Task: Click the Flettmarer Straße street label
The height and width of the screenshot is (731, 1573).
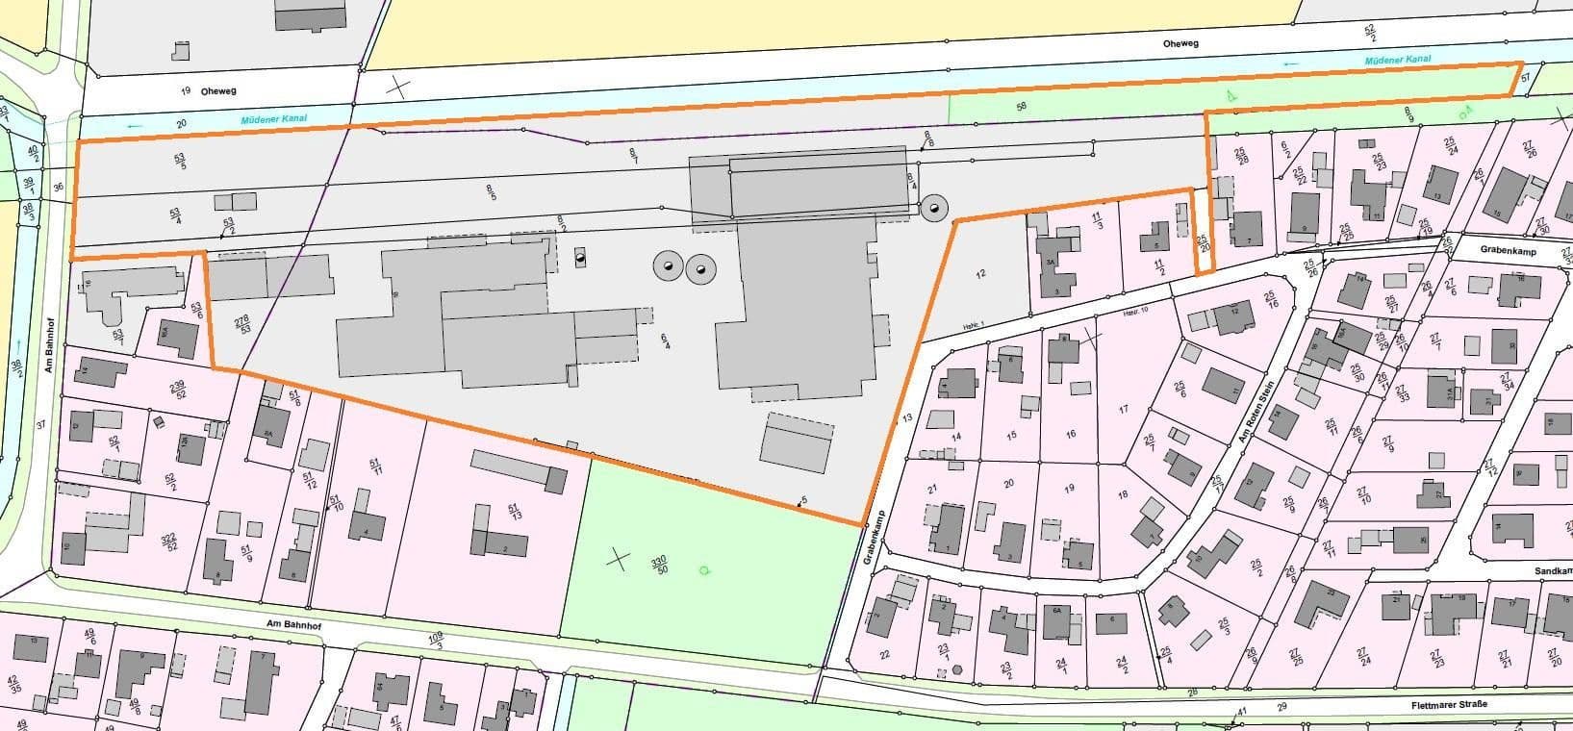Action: [x=1449, y=705]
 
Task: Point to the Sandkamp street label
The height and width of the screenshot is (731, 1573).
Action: [x=1550, y=570]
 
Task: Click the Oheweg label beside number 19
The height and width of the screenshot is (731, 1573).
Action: [x=218, y=90]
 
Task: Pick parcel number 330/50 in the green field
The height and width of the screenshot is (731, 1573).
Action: [x=659, y=565]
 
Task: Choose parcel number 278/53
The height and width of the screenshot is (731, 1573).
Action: [x=243, y=324]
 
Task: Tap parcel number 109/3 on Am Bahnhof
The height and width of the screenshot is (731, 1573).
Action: [x=435, y=641]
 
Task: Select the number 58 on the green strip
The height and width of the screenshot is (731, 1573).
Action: [x=1021, y=105]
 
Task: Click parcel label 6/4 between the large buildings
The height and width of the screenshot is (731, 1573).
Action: [x=666, y=341]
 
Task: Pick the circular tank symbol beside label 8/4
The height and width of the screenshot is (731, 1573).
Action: [x=932, y=207]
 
